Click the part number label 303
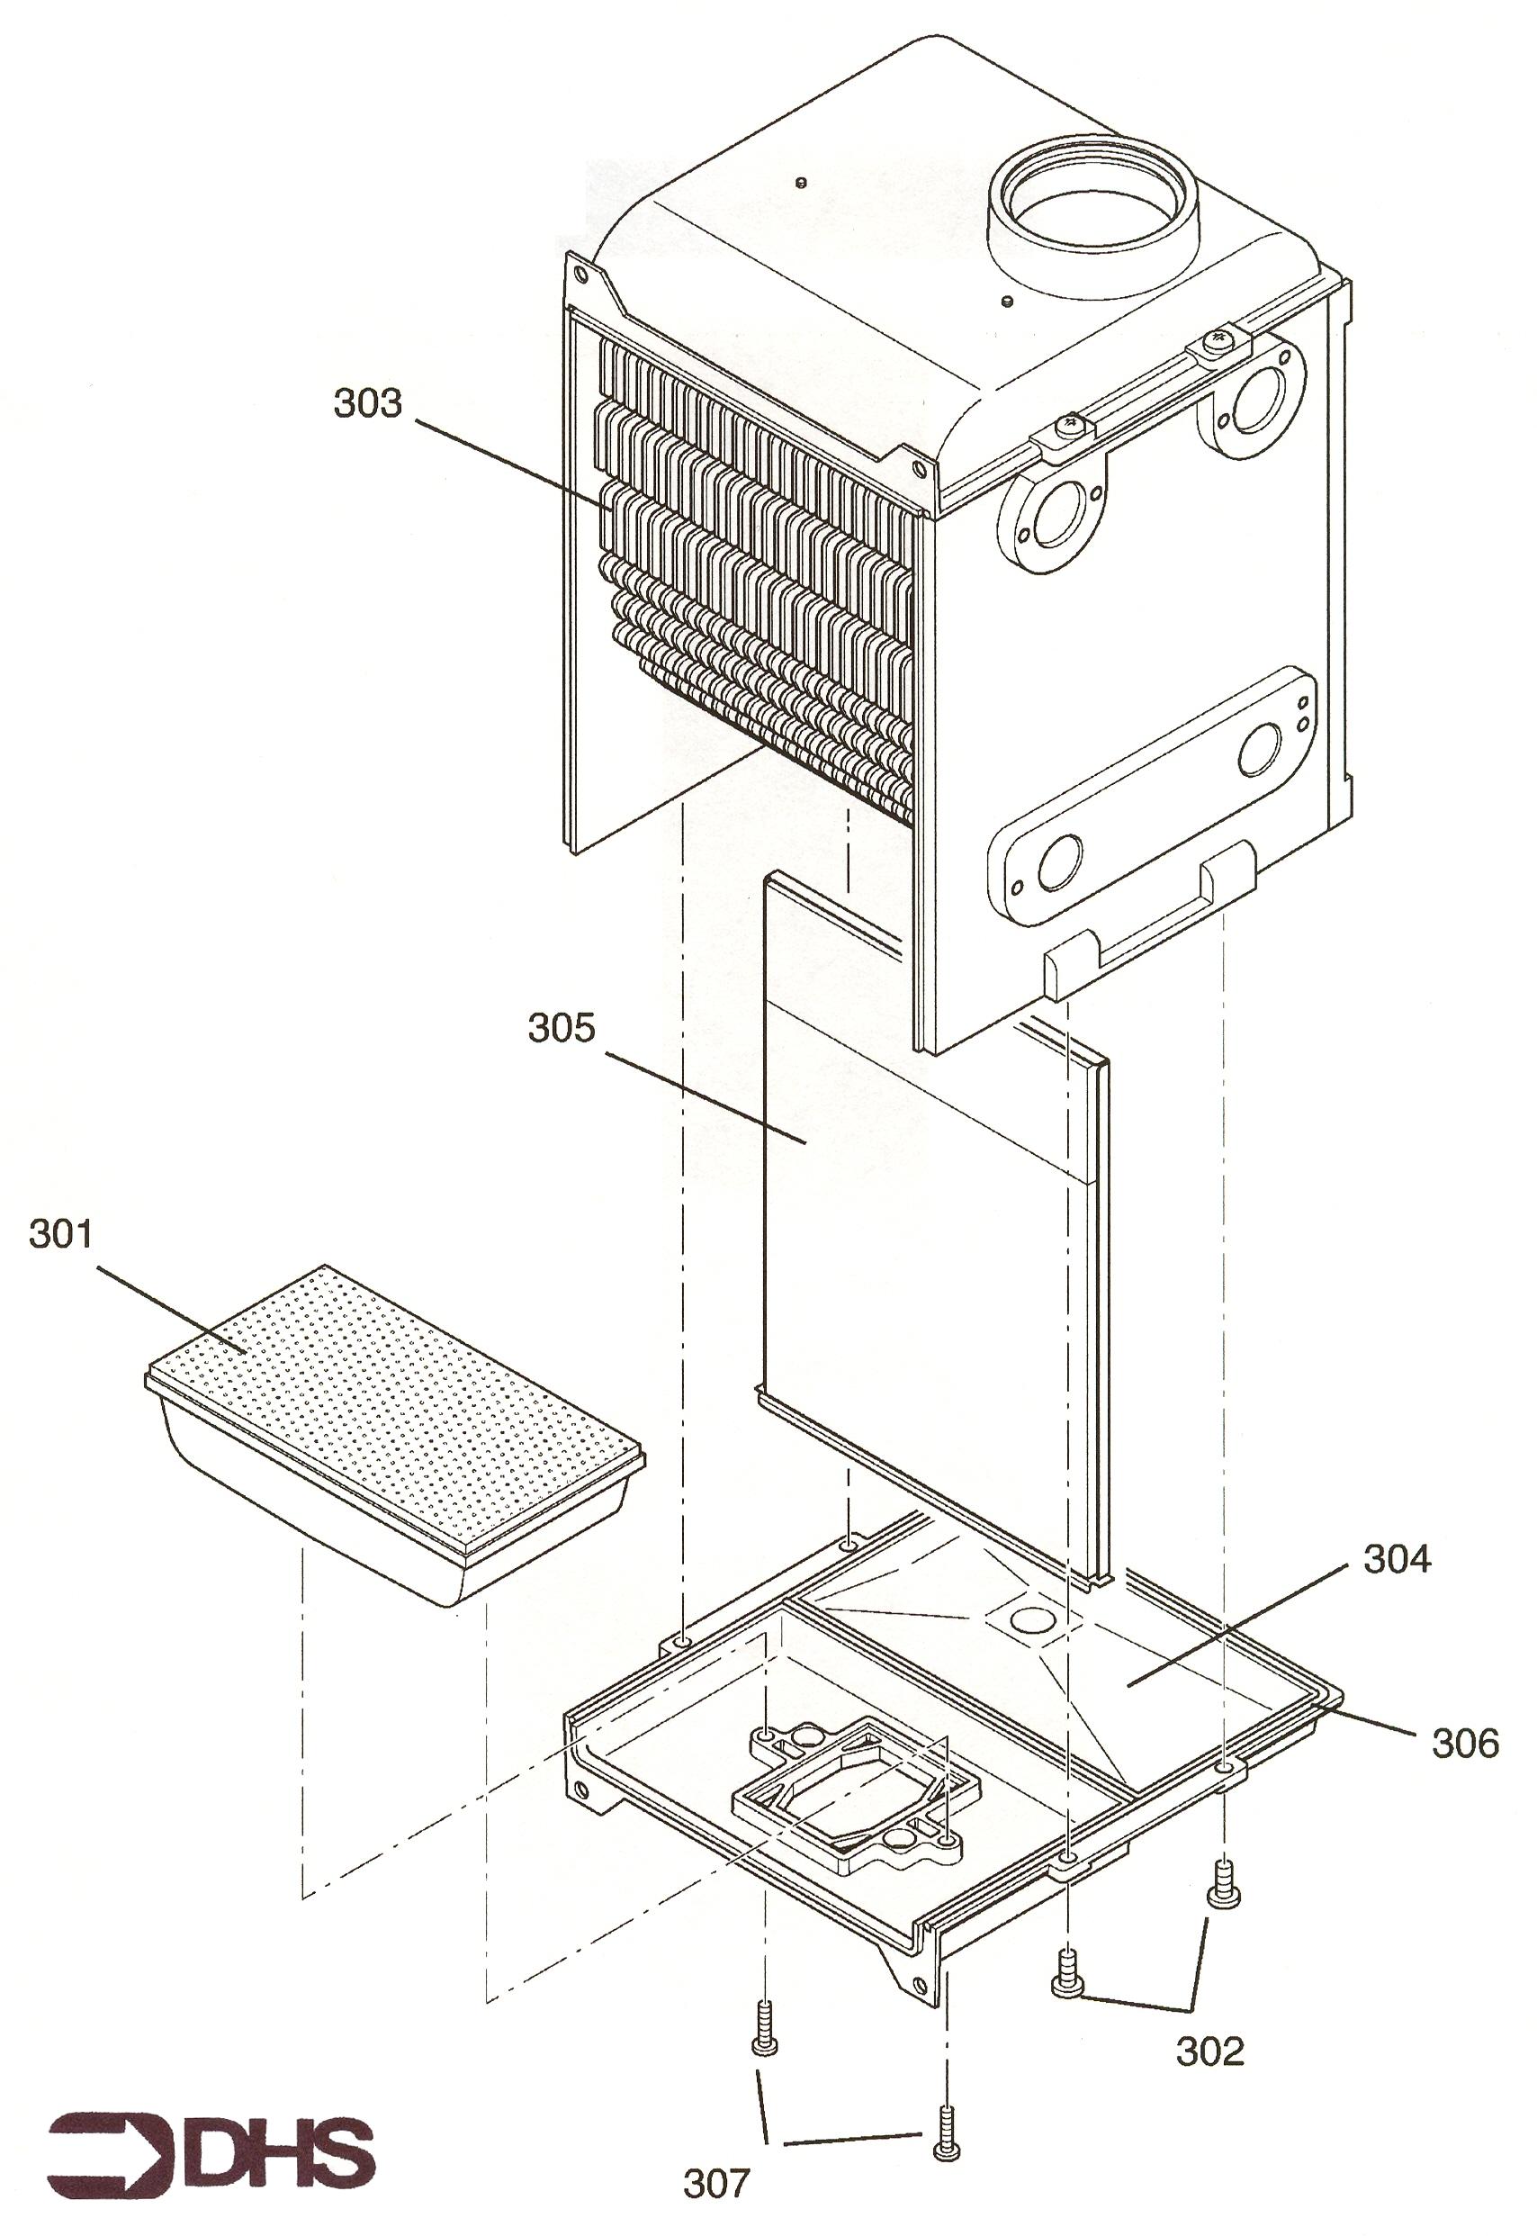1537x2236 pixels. pos(367,402)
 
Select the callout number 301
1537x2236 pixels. pos(60,1233)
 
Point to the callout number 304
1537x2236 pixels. pos(1398,1558)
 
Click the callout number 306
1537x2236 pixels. pos(1465,1742)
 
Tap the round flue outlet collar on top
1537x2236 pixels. pos(1093,206)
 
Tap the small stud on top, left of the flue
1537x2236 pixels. pos(801,182)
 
